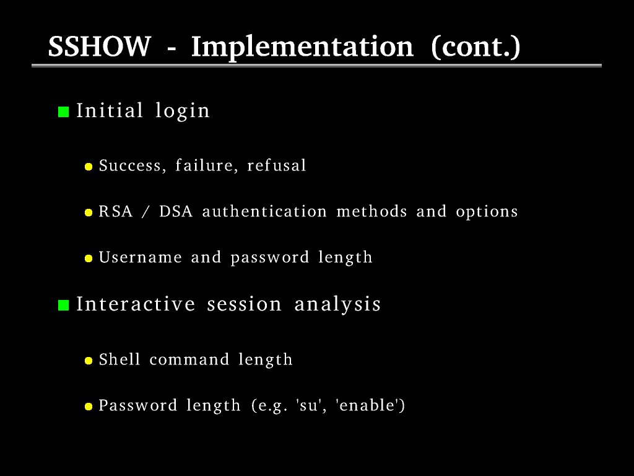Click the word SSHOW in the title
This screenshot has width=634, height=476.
coord(100,46)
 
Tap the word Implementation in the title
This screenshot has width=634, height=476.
coord(302,48)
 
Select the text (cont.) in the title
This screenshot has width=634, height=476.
coord(475,48)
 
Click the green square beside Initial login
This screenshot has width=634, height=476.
coord(64,112)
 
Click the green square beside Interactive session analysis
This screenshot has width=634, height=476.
coord(64,305)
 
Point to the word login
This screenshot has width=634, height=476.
coord(183,111)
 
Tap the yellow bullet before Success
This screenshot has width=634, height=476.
coord(89,166)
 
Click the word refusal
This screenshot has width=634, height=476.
coord(277,165)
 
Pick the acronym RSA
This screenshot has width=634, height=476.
coord(116,211)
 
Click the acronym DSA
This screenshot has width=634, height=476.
coord(176,211)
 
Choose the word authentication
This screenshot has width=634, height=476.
coord(264,211)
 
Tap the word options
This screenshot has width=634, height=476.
coord(487,212)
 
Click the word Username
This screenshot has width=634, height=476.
coord(141,257)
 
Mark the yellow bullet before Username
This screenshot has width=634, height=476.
coord(89,258)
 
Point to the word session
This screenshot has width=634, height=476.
coord(244,304)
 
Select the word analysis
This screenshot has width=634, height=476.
coord(337,305)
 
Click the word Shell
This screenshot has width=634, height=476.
coord(119,359)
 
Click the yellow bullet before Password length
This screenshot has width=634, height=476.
coord(89,407)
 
